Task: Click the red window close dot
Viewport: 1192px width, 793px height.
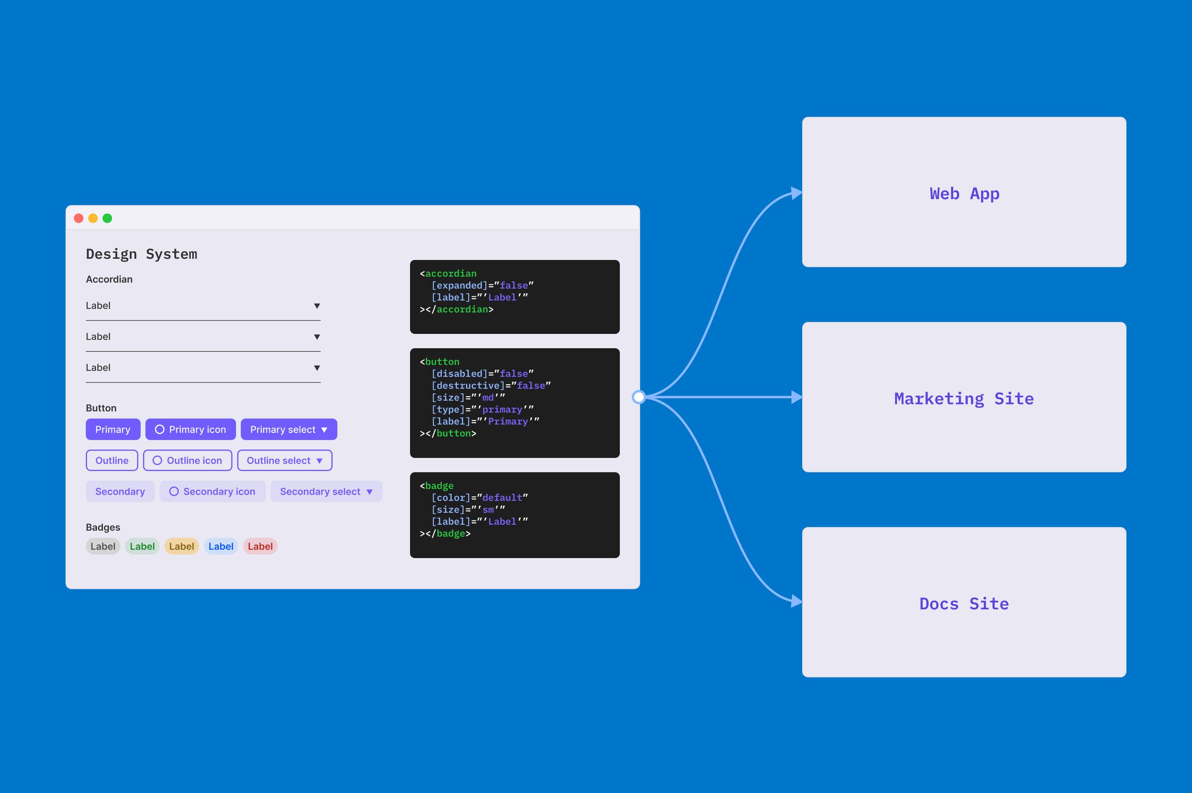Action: coord(78,218)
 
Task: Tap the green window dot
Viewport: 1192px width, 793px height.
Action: coord(107,218)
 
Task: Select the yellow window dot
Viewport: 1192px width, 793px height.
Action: coord(93,218)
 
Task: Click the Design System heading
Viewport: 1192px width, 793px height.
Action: coord(142,254)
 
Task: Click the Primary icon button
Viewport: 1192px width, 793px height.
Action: coord(191,429)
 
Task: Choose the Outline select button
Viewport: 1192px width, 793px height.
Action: coord(285,460)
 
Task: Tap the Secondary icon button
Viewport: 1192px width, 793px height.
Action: coord(212,492)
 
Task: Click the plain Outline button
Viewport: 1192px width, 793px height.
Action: coord(112,460)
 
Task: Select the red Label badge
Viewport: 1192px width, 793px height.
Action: coord(260,546)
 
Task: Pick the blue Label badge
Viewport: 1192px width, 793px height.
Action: coord(221,546)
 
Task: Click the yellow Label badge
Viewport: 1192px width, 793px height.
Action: coord(182,546)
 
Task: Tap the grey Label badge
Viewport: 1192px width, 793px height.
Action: coord(103,546)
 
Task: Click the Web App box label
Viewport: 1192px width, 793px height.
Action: coord(964,194)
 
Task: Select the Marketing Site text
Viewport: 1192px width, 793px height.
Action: coord(964,399)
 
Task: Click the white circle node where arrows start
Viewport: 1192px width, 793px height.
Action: coord(639,397)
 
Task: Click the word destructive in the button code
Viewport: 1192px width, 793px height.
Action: coord(468,385)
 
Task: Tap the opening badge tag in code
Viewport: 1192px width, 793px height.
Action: coord(439,486)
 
